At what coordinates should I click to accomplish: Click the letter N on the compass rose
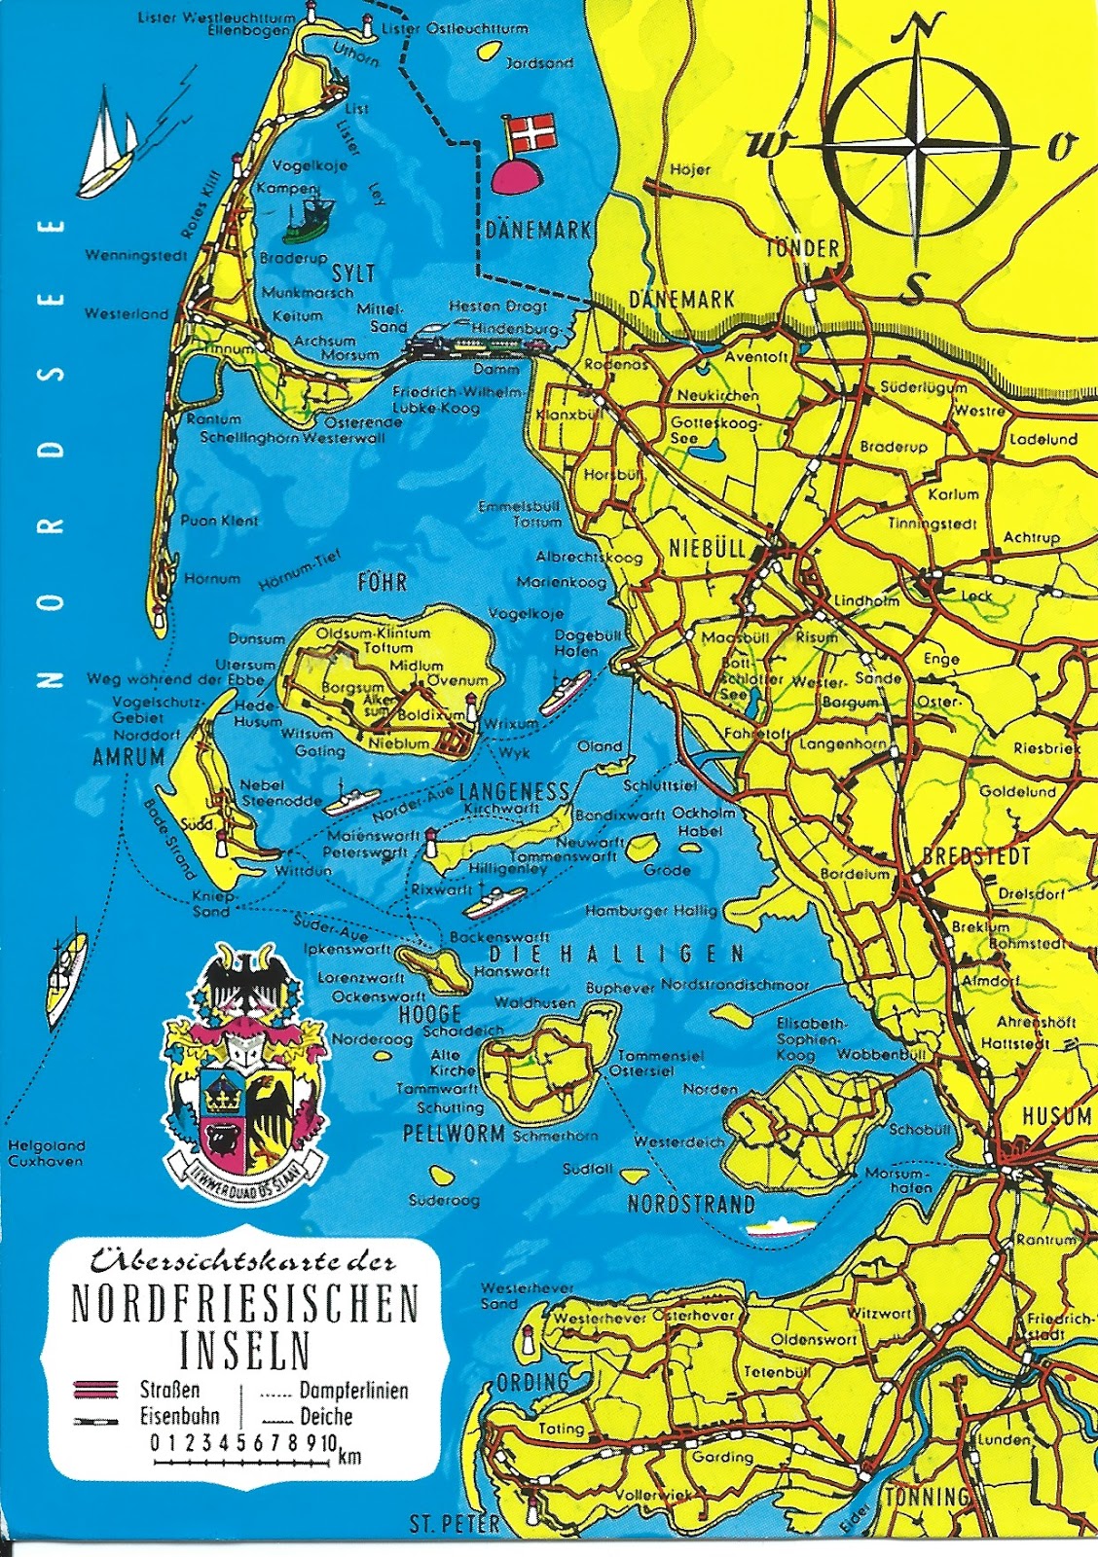coord(917,27)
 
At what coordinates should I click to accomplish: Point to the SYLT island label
coord(353,273)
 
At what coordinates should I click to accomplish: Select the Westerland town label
coord(127,314)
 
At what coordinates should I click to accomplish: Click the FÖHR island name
coord(383,583)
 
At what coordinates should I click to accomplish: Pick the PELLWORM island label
coord(454,1134)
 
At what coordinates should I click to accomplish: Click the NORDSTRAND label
coord(691,1205)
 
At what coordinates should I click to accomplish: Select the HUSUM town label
coord(1055,1116)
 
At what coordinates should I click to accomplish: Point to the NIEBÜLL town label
coord(707,548)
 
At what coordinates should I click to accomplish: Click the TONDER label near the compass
coord(802,248)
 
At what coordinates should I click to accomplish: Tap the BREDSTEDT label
coord(975,857)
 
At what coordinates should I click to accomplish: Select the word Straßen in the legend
coord(170,1390)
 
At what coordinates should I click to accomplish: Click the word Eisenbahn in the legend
coord(179,1417)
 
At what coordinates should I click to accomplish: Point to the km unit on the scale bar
coord(349,1457)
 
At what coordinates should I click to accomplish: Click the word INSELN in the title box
coord(245,1349)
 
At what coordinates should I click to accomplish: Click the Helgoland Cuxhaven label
coord(46,1153)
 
